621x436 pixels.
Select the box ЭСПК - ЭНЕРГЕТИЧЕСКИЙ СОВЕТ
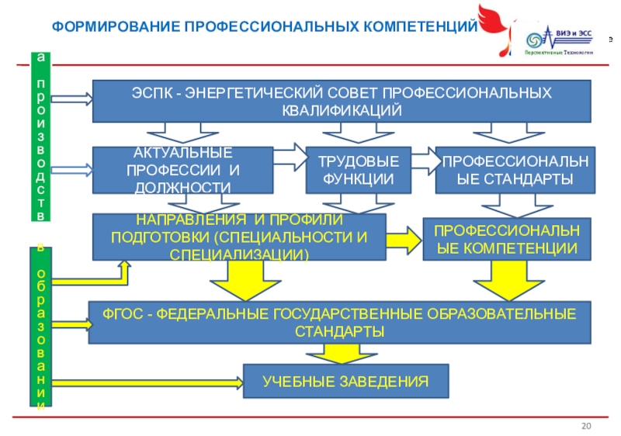tap(342, 100)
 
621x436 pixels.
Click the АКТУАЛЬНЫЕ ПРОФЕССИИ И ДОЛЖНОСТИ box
tap(182, 170)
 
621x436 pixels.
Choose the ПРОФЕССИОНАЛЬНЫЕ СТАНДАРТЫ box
tap(515, 170)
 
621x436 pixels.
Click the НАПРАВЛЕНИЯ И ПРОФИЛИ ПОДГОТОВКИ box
tap(239, 237)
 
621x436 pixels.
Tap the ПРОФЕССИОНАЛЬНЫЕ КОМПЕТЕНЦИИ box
tap(505, 239)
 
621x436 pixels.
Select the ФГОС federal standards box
tap(339, 322)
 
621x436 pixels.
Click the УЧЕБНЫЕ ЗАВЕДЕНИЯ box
tap(345, 382)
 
